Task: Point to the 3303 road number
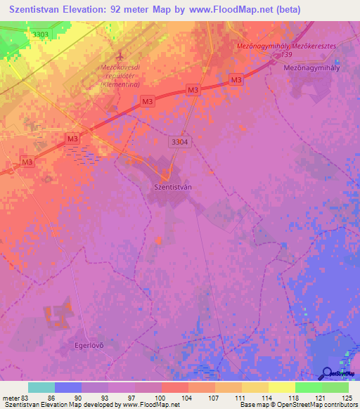click(x=41, y=34)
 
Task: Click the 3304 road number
click(x=179, y=142)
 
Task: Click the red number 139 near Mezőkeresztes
click(x=285, y=54)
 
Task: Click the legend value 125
click(x=347, y=398)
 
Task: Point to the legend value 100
click(x=161, y=398)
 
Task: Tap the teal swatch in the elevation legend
click(x=41, y=387)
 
